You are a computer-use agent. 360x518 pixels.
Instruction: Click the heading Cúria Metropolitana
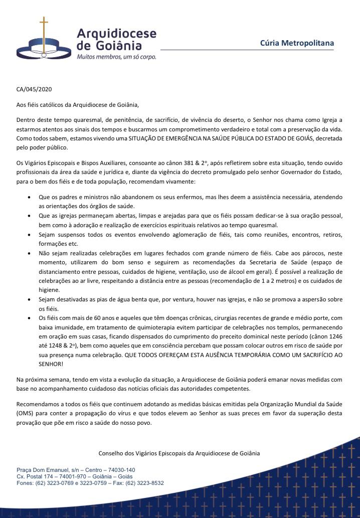pos(297,43)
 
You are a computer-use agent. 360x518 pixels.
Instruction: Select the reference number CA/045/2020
pos(34,90)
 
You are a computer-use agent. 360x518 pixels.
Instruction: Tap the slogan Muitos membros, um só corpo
pos(116,57)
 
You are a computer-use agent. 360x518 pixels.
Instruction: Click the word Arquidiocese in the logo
pos(116,34)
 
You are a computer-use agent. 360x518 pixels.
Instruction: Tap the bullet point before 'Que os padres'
pos(33,198)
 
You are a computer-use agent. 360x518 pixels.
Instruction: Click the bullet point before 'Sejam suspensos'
pos(33,235)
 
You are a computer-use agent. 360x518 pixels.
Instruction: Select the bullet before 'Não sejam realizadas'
pos(33,253)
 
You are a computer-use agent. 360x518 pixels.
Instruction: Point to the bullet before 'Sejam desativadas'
pos(33,299)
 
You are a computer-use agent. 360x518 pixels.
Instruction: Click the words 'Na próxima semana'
pos(40,380)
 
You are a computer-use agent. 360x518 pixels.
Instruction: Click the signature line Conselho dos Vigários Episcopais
pos(179,453)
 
